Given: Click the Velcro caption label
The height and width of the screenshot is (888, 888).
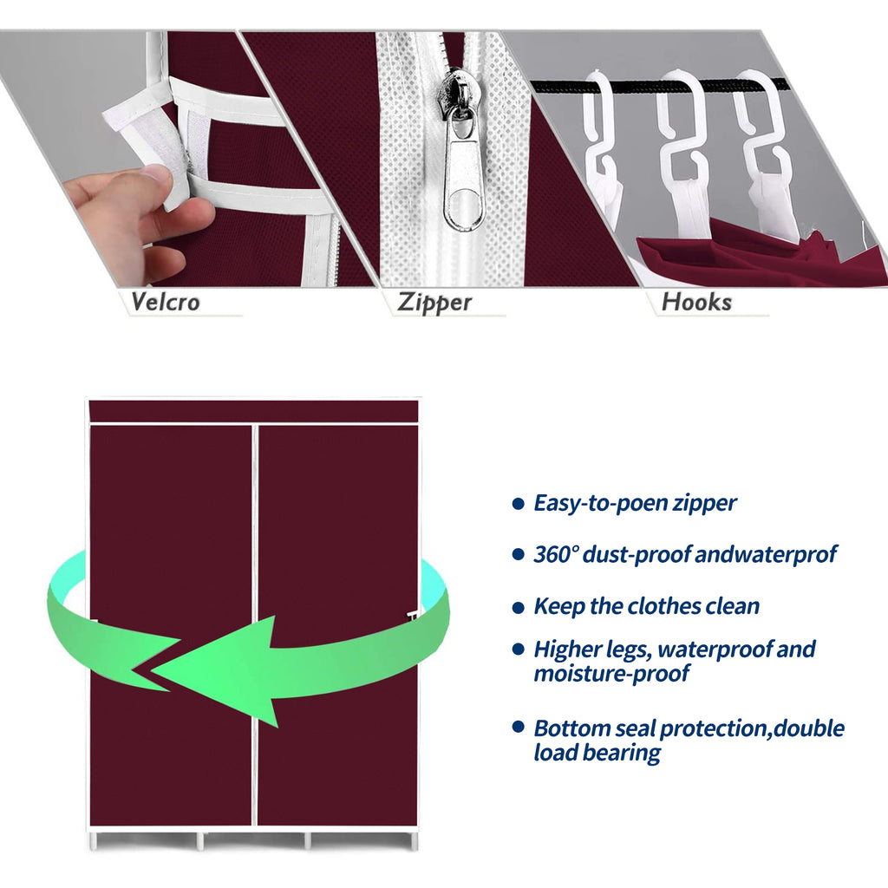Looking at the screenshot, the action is click(166, 302).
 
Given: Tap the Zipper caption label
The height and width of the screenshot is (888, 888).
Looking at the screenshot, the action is click(434, 303).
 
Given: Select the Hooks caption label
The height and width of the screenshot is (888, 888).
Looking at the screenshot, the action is click(696, 302).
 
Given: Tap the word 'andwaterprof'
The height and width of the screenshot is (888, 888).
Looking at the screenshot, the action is click(766, 554).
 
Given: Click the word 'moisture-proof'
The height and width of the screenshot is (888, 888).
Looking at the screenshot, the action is click(611, 674).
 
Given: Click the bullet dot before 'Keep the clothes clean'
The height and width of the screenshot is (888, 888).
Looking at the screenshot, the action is click(519, 608).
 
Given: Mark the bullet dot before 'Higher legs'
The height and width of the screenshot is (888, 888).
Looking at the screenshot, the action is click(519, 649).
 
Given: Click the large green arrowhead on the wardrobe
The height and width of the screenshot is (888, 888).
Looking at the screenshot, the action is click(221, 669).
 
